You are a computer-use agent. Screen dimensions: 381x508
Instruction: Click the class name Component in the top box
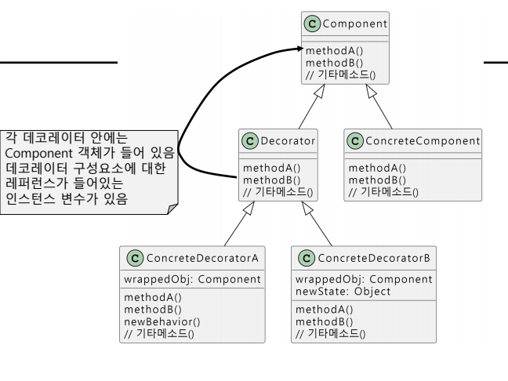[x=357, y=24]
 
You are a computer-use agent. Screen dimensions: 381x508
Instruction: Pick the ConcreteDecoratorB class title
[x=376, y=257]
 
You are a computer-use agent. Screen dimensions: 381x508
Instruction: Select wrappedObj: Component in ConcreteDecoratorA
[x=193, y=280]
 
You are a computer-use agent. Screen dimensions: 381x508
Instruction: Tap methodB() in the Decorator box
[x=267, y=180]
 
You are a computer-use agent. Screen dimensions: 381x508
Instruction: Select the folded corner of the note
[x=172, y=207]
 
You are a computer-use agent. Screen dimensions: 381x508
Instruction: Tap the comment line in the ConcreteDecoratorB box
[x=329, y=332]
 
